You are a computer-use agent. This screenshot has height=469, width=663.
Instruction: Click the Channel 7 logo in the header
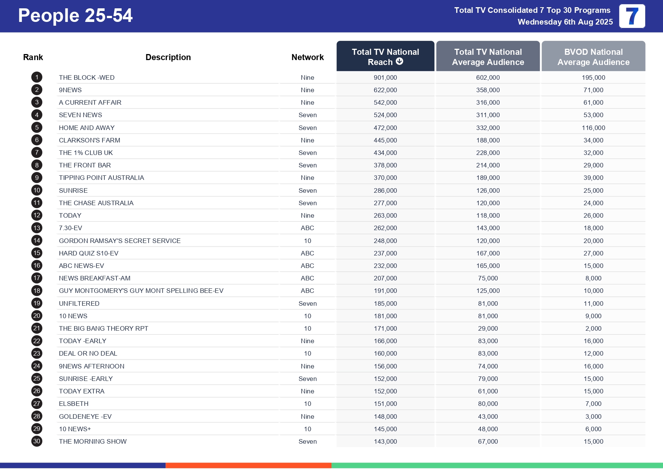(632, 16)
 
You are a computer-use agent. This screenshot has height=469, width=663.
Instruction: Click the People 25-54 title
(75, 16)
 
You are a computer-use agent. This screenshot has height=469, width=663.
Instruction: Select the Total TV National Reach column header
(385, 56)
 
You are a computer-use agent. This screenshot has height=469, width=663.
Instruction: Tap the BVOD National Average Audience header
(593, 57)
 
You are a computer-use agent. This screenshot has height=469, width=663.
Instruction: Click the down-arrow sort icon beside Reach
(400, 61)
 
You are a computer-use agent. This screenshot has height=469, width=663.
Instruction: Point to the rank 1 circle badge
(37, 77)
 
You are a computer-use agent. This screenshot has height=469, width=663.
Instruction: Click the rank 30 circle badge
(37, 441)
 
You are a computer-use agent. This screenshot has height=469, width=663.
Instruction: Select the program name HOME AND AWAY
(87, 128)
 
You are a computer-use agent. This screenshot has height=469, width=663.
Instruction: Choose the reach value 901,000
(385, 77)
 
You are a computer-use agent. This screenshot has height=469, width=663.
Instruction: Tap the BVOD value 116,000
(593, 128)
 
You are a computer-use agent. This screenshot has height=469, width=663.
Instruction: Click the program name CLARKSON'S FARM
(90, 140)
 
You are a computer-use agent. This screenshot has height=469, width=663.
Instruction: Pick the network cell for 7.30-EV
(307, 228)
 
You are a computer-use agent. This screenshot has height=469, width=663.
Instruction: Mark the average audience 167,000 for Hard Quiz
(488, 253)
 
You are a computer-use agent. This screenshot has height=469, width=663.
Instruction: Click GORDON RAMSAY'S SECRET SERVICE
(119, 241)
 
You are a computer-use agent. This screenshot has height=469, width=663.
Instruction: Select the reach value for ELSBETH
(385, 404)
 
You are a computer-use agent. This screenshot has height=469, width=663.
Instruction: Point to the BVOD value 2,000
(593, 328)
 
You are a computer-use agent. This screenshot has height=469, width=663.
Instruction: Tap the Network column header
(307, 57)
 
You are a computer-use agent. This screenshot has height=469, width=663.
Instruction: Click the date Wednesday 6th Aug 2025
(565, 22)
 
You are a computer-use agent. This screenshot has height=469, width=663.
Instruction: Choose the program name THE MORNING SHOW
(93, 441)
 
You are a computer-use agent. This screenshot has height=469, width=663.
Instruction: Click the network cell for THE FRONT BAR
(307, 165)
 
